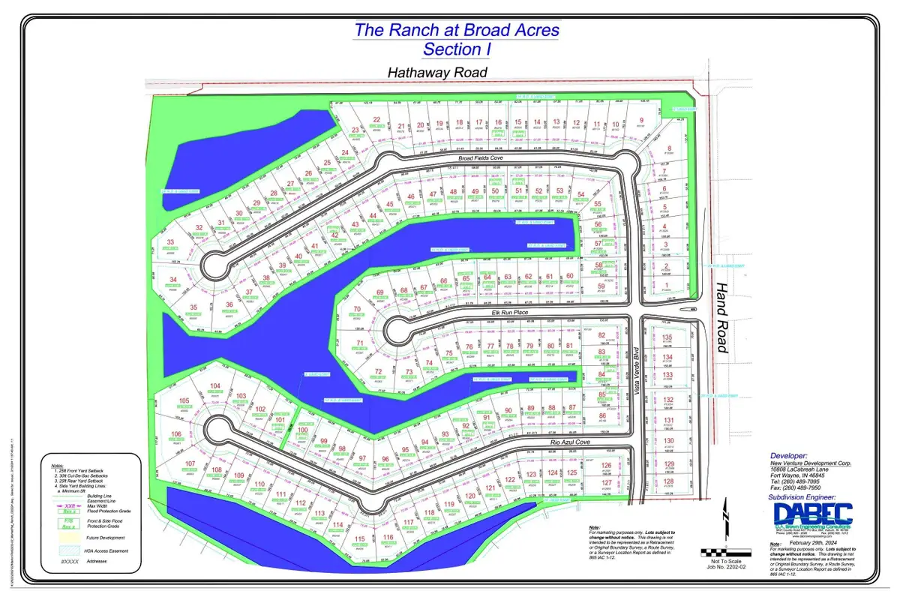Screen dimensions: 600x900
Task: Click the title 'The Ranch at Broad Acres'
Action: pos(456,31)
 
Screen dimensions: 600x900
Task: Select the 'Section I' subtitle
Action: pos(452,49)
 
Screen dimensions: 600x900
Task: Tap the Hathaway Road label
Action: pos(437,73)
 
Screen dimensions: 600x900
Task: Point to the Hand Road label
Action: pos(721,317)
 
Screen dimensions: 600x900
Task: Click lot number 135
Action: pos(667,338)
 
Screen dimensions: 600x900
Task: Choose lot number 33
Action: pos(170,242)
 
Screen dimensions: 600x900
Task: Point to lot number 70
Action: pos(357,309)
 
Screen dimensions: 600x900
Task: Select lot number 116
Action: pos(388,538)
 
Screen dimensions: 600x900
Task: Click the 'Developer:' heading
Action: pos(790,455)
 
